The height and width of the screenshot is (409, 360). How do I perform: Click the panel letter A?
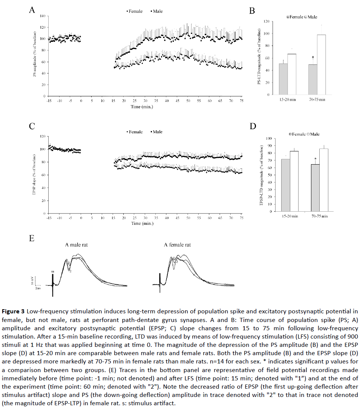(x=32, y=11)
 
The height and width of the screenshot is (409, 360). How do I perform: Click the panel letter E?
(x=32, y=238)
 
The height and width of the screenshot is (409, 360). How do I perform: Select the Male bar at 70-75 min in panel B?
(x=321, y=64)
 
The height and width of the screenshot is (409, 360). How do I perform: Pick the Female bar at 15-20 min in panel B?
(x=283, y=79)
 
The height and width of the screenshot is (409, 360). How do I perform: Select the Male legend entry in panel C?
(x=156, y=132)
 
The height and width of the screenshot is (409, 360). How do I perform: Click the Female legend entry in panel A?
(x=134, y=11)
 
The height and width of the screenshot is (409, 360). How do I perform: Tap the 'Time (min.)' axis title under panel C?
(x=142, y=223)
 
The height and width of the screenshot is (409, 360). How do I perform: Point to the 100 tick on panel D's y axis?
(x=268, y=138)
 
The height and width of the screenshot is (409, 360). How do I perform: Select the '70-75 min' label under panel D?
(x=320, y=216)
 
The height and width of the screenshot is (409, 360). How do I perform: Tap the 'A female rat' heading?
(x=177, y=245)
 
